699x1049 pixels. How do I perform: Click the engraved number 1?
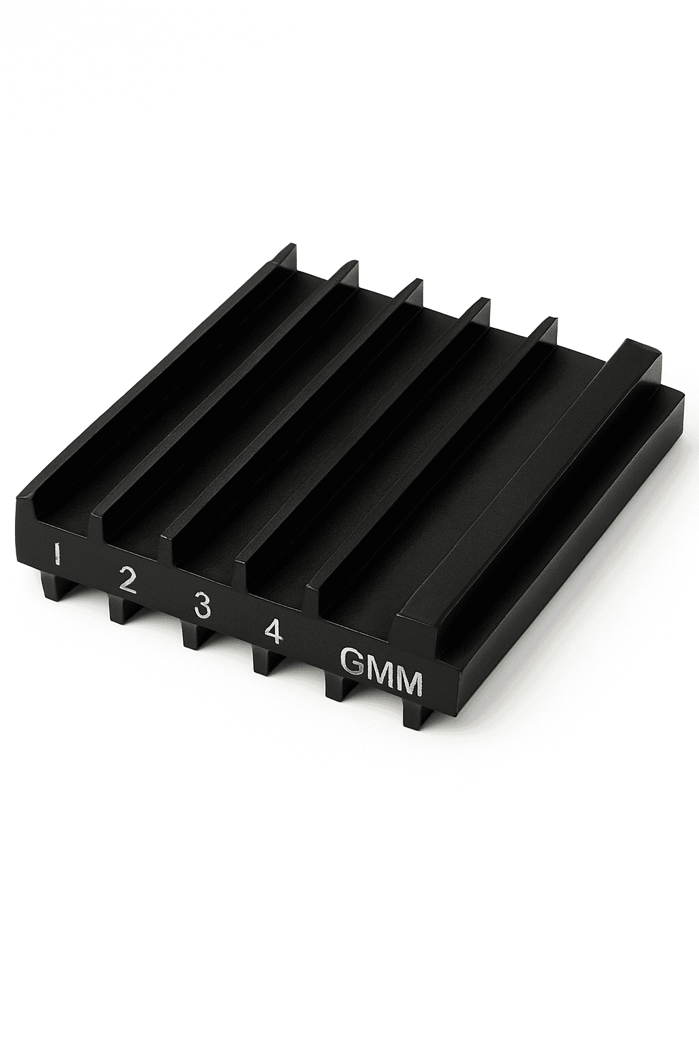57,554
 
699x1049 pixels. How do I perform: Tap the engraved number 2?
127,581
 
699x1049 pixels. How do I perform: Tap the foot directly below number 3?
194,635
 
